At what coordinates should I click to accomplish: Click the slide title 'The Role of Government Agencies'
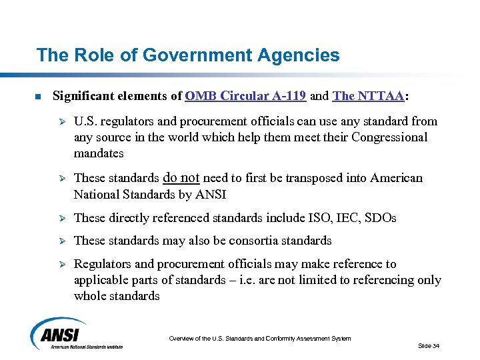tap(187, 55)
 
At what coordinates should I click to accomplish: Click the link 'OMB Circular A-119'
tap(246, 96)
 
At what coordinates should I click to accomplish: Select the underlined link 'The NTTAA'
tap(368, 96)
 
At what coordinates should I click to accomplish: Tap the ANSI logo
tap(75, 333)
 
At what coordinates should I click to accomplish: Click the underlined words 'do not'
tap(181, 178)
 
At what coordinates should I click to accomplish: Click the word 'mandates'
tap(99, 153)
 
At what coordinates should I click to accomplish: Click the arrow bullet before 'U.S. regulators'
tap(58, 122)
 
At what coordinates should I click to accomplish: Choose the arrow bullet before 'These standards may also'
tap(58, 241)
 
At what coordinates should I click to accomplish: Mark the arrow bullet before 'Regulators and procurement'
tap(58, 265)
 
